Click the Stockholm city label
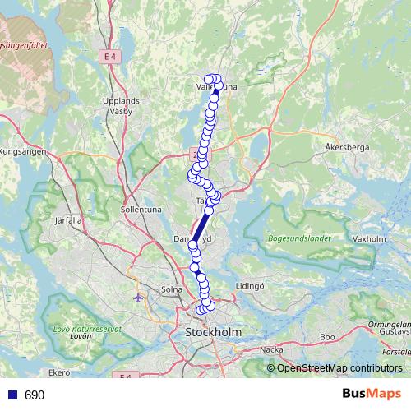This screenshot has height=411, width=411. [x=214, y=332]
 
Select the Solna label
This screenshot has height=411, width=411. [x=171, y=289]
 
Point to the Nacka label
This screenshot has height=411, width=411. [x=270, y=349]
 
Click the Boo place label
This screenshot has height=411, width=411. [x=327, y=337]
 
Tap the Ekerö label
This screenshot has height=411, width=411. [x=59, y=372]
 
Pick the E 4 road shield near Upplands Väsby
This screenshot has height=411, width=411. [x=111, y=56]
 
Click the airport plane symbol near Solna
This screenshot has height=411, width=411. [x=139, y=297]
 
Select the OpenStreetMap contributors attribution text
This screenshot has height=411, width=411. [x=339, y=367]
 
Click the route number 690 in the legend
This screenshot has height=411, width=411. [x=35, y=395]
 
